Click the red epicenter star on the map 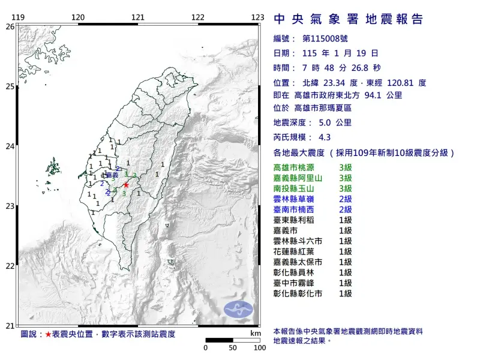tap(126, 185)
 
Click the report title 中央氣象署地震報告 tap(349, 19)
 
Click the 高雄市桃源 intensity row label tap(297, 167)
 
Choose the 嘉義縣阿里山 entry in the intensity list tap(301, 178)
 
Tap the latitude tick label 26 tap(10, 26)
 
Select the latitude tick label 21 tap(10, 326)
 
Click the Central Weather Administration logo tap(239, 310)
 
